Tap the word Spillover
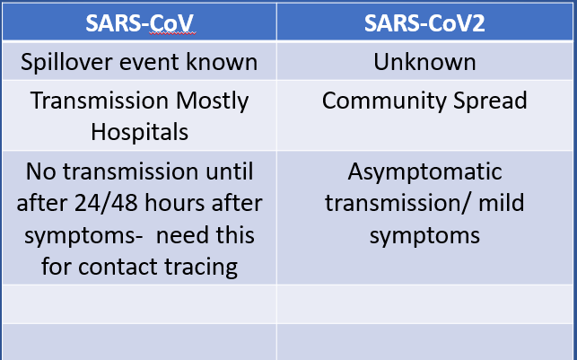coord(70,63)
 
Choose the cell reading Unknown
coord(424,63)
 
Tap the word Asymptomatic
coord(424,171)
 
